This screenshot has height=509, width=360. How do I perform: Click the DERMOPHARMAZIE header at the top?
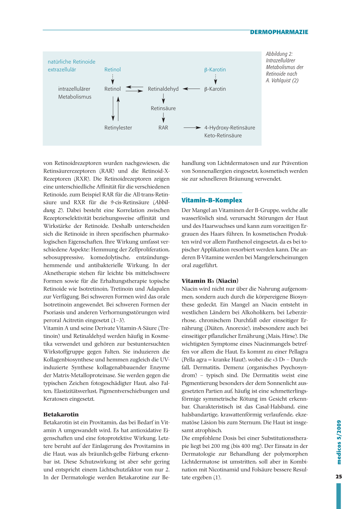pyautogui.click(x=279, y=32)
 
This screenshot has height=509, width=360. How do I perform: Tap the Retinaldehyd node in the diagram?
pyautogui.click(x=163, y=89)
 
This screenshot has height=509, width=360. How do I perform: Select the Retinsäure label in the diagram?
pyautogui.click(x=163, y=108)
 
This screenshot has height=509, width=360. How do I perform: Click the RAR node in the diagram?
pyautogui.click(x=163, y=128)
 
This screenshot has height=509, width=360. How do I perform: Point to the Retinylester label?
pyautogui.click(x=118, y=128)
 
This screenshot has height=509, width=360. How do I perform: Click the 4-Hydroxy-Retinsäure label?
pyautogui.click(x=230, y=128)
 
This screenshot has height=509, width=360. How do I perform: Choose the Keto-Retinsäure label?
pyautogui.click(x=223, y=135)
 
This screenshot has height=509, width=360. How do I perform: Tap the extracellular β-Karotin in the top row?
pyautogui.click(x=215, y=70)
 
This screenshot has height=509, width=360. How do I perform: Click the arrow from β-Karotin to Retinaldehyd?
pyautogui.click(x=192, y=89)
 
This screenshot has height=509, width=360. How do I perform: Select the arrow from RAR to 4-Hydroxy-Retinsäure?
pyautogui.click(x=192, y=128)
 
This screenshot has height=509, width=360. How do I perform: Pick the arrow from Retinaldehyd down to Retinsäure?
pyautogui.click(x=163, y=99)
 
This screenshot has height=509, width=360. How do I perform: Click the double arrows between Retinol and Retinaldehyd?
pyautogui.click(x=134, y=89)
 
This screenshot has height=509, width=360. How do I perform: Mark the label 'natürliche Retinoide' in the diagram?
pyautogui.click(x=71, y=62)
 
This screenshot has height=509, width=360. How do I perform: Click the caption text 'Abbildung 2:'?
pyautogui.click(x=279, y=54)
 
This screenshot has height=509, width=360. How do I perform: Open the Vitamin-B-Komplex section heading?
pyautogui.click(x=212, y=200)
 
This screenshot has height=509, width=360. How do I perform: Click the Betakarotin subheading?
pyautogui.click(x=61, y=414)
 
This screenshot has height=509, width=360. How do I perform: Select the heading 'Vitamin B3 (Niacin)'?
pyautogui.click(x=210, y=281)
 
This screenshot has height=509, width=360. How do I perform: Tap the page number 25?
pyautogui.click(x=339, y=477)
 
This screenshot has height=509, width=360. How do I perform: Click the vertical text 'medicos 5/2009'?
pyautogui.click(x=339, y=442)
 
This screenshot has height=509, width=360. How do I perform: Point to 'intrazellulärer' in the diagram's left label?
pyautogui.click(x=74, y=89)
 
